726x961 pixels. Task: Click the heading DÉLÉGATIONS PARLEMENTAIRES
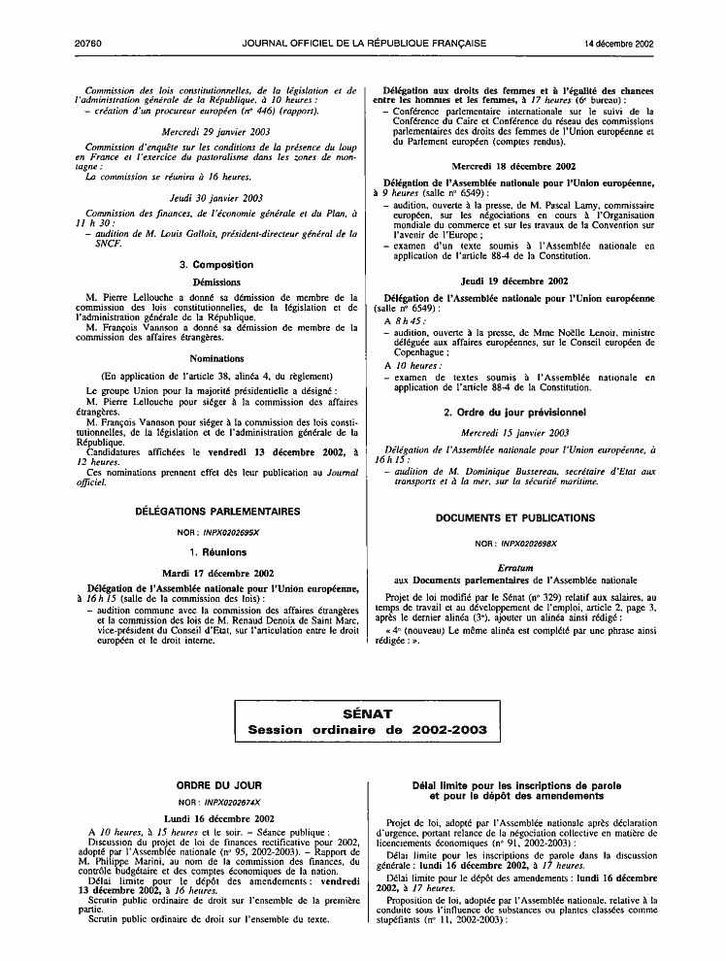[x=217, y=511]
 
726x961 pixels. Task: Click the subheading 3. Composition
[x=217, y=264]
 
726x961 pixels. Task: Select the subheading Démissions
[x=217, y=282]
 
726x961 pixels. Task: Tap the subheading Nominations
[x=217, y=358]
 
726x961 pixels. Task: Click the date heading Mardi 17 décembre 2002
[x=217, y=573]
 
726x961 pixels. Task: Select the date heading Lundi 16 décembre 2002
[x=217, y=818]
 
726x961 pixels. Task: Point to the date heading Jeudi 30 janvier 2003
[x=217, y=197]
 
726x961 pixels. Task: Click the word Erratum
[x=516, y=566]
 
